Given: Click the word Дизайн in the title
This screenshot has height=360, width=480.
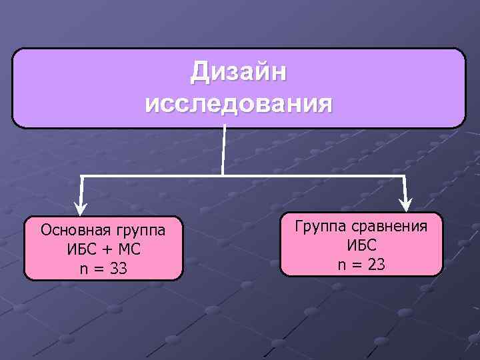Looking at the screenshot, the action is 239,72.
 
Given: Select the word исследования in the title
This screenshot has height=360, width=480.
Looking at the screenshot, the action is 238,103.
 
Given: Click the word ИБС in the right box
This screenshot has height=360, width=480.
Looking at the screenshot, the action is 361,245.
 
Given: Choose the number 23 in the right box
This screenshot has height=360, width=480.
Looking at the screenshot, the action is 375,264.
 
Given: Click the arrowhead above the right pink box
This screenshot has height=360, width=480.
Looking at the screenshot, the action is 405,204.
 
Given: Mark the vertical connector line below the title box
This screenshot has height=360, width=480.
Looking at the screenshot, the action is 225,151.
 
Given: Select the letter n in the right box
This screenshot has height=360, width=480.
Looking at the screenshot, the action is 341,265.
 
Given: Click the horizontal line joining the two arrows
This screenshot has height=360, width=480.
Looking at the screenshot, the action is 300,176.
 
